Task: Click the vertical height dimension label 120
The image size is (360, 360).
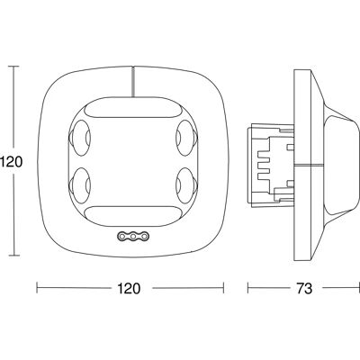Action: click(x=11, y=162)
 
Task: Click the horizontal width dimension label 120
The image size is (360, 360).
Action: click(x=129, y=288)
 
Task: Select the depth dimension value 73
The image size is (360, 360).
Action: click(x=304, y=288)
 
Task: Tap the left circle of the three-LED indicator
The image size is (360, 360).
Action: click(x=121, y=237)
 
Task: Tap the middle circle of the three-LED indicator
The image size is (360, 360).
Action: click(x=133, y=237)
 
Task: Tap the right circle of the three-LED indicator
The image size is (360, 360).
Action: click(x=144, y=237)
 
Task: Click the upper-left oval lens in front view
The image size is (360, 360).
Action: click(x=80, y=138)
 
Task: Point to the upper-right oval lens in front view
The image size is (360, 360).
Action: click(x=186, y=138)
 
